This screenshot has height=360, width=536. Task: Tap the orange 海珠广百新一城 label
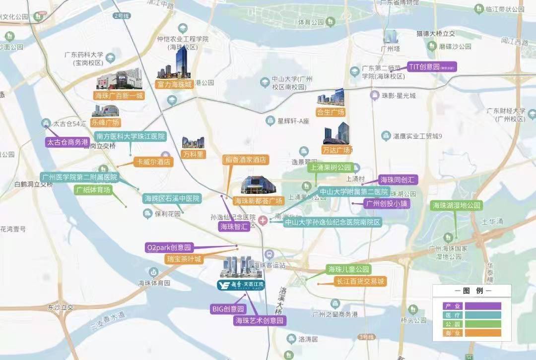[119, 96]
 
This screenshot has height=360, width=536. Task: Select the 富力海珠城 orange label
[174, 84]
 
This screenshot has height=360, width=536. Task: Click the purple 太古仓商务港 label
[67, 142]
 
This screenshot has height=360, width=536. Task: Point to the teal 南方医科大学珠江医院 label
[131, 136]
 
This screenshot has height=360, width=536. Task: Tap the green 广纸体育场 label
[93, 189]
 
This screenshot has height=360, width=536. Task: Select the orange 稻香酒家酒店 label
[245, 160]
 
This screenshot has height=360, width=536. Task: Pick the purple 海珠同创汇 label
[397, 180]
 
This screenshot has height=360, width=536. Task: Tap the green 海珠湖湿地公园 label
[456, 205]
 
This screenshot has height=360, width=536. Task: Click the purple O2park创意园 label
[169, 247]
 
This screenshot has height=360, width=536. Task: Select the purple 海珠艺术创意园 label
[260, 321]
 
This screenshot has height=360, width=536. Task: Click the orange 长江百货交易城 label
[360, 282]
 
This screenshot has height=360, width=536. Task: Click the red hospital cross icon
[263, 220]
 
